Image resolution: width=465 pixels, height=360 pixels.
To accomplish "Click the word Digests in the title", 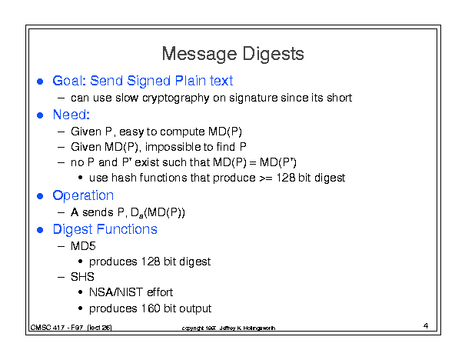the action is click(273, 54).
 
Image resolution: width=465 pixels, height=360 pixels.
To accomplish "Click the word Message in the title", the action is click(199, 54).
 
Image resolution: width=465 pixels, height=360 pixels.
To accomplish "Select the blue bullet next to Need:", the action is click(40, 115).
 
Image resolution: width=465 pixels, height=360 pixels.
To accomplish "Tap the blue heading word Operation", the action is click(83, 196).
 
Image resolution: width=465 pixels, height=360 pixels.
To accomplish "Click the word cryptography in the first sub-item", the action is click(175, 98).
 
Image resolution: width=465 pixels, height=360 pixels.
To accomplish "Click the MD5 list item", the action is click(83, 246).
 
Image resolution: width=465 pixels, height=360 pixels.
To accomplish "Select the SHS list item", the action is click(82, 277).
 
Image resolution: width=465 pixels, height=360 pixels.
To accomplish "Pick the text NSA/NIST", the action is click(116, 292).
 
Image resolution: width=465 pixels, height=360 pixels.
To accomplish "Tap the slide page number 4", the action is click(426, 326).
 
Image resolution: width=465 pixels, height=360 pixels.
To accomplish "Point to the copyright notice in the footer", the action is click(228, 328).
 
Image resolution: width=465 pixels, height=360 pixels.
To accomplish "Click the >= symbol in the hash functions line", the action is click(266, 178).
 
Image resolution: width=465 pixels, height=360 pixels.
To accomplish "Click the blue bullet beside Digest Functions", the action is click(40, 230).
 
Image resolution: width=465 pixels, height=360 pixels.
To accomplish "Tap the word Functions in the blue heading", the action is click(127, 229).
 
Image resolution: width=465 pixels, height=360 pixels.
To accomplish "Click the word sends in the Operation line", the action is click(98, 212).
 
